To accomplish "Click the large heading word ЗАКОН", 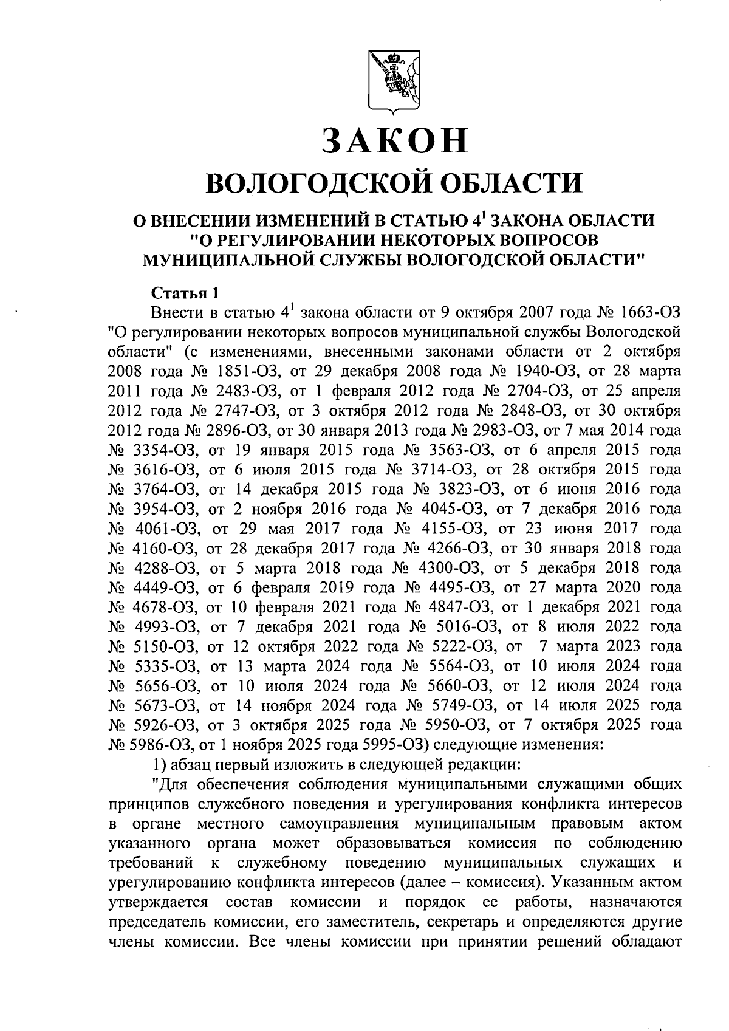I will pyautogui.click(x=395, y=141).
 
